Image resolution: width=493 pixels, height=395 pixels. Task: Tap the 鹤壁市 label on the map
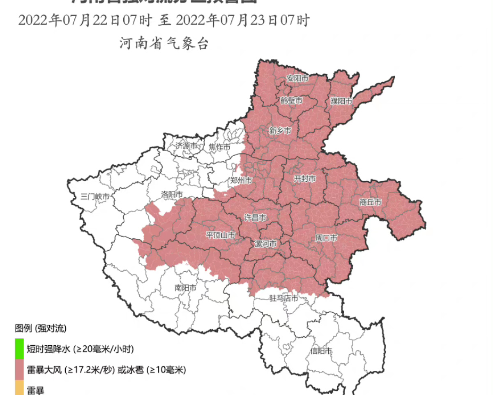click(292, 100)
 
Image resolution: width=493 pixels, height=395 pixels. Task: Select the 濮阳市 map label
click(342, 101)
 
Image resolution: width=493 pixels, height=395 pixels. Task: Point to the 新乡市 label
click(280, 131)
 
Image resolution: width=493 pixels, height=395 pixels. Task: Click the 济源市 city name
click(187, 146)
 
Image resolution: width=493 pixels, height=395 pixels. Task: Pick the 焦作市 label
click(219, 147)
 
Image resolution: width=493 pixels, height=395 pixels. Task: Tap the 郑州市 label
click(241, 180)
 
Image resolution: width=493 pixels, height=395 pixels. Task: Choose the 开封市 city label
click(305, 179)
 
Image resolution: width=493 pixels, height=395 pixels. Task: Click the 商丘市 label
click(371, 202)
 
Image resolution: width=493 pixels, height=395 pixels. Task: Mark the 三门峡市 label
click(95, 196)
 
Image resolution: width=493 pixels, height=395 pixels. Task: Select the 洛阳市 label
click(172, 194)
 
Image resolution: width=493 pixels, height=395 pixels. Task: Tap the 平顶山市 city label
click(221, 235)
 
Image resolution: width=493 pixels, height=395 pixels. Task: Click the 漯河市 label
click(266, 244)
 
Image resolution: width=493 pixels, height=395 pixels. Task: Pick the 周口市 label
click(326, 238)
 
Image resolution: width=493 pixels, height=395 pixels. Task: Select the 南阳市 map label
click(185, 288)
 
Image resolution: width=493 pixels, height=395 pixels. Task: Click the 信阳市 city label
click(321, 351)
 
